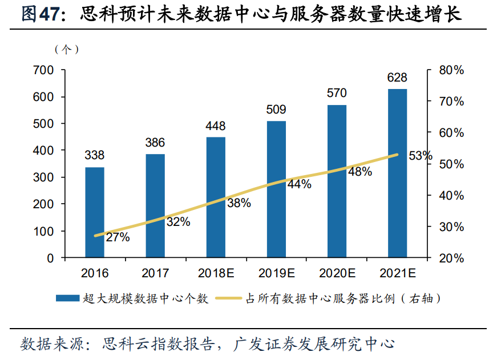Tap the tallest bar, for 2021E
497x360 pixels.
click(397, 173)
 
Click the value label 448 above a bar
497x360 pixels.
click(216, 126)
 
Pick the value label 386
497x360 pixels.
click(155, 143)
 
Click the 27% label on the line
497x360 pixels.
click(118, 237)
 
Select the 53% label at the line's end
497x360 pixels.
click(421, 156)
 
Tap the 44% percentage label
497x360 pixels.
click(299, 184)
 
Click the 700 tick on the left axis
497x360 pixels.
click(44, 70)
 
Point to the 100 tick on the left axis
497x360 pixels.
click(44, 231)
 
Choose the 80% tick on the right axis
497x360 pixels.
click(451, 70)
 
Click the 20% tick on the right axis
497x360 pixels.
click(451, 258)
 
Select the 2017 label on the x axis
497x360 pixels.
click(155, 273)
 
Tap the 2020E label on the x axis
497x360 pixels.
click(337, 273)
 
